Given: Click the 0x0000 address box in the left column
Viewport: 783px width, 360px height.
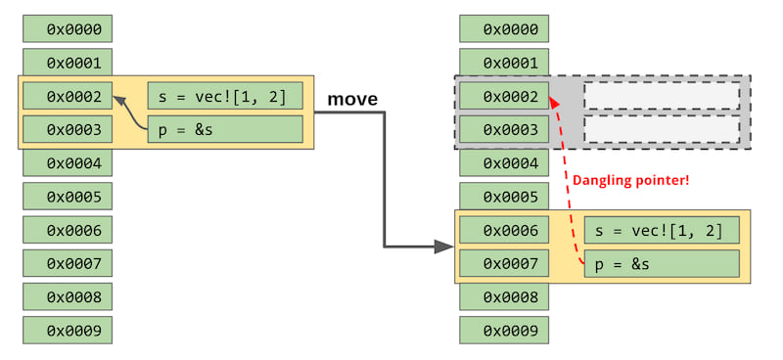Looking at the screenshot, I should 68,28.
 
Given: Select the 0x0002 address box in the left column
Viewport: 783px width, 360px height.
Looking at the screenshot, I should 68,96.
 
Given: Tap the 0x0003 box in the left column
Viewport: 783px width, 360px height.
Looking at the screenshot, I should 68,129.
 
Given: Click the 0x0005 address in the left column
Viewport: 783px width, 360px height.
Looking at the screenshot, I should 68,197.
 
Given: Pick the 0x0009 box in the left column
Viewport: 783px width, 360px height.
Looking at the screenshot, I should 68,330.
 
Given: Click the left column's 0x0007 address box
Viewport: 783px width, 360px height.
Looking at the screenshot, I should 68,263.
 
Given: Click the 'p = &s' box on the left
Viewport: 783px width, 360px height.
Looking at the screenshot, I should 224,129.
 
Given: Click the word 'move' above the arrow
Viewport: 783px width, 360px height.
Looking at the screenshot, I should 352,100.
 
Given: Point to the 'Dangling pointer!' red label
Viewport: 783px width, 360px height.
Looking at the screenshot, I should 630,181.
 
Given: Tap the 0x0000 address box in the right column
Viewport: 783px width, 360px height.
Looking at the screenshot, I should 504,28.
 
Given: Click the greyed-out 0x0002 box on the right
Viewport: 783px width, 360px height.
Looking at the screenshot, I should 504,96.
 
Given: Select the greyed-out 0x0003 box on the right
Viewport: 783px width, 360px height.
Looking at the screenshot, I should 504,129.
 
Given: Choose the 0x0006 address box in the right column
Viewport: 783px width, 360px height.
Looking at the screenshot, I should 504,230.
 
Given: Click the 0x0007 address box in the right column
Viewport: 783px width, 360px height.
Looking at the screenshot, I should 504,263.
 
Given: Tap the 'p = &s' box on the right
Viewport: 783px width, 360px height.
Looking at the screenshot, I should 661,263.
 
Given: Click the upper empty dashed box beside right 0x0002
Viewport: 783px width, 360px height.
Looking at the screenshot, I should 661,96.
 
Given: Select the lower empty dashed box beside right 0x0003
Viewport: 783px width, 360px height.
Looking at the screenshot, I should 661,129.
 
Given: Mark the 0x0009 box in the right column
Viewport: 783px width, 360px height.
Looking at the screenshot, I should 504,330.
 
